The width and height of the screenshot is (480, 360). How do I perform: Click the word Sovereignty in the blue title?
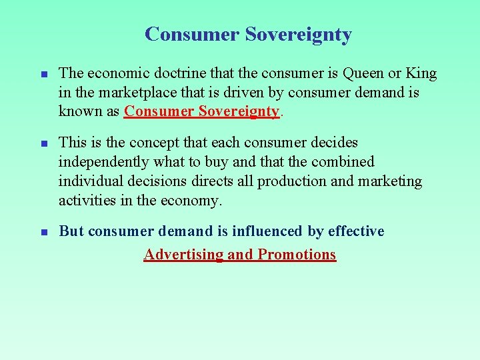pos(298,35)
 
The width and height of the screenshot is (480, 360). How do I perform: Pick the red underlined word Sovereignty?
pos(229,111)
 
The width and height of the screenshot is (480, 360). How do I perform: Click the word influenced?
pos(266,231)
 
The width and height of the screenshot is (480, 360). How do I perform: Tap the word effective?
pos(356,231)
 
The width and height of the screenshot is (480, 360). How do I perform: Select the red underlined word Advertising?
pos(183,255)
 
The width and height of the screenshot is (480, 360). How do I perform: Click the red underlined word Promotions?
pos(297,255)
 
